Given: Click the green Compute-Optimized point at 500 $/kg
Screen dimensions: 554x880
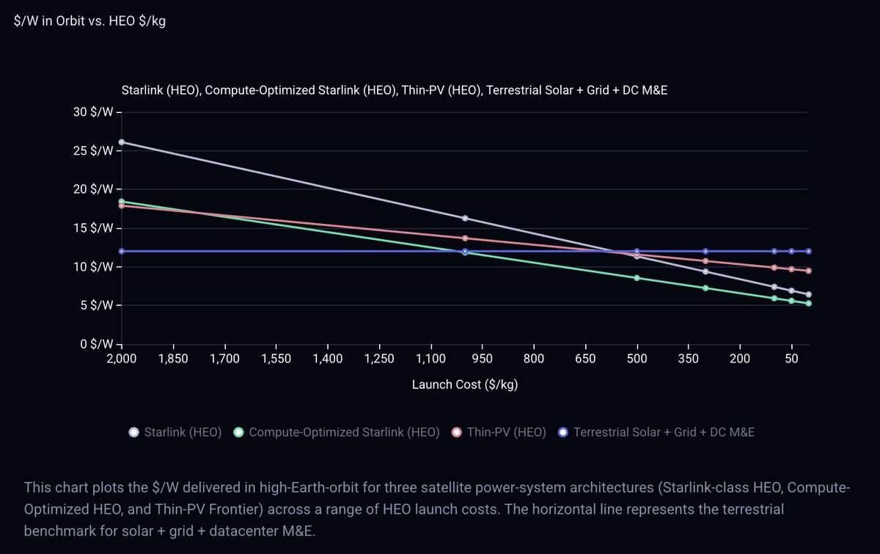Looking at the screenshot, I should pos(637,278).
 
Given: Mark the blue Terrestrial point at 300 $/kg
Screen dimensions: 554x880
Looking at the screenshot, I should pos(705,252).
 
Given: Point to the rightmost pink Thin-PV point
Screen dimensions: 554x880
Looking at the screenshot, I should pos(808,271).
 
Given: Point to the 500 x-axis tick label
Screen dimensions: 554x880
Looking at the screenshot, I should pos(637,359).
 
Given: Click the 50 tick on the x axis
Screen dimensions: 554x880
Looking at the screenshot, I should pos(791,359).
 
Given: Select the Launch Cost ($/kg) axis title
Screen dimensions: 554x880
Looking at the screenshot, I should pos(465,384).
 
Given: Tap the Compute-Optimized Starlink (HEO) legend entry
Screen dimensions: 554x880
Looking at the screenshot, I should pos(344,432).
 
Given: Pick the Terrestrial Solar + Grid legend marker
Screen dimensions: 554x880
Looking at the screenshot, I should pos(562,432).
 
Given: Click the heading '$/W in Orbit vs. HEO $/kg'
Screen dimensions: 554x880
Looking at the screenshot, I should pos(89,21).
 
